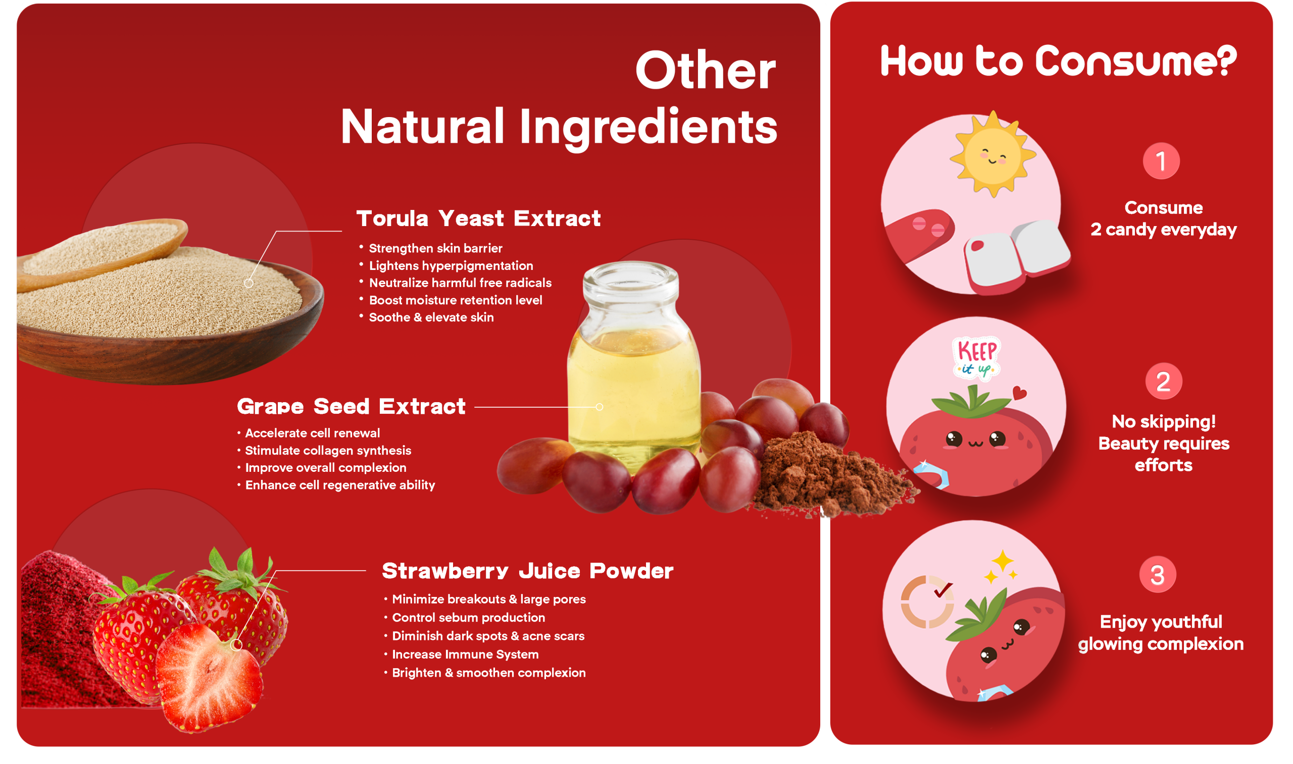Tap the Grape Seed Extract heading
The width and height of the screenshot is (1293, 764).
click(x=352, y=407)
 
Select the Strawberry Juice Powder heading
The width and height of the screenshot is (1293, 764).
click(x=527, y=571)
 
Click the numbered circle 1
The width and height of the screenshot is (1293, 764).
click(x=1161, y=160)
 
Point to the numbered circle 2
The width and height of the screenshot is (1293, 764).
click(x=1163, y=381)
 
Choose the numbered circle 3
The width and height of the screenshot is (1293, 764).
click(x=1158, y=575)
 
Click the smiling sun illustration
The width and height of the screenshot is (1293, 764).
click(x=992, y=154)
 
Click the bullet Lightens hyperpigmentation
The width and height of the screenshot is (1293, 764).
click(x=451, y=265)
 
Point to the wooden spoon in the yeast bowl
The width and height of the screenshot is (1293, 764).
click(x=103, y=252)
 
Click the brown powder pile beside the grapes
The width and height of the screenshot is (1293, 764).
click(x=829, y=476)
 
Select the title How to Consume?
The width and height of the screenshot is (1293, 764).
click(x=1059, y=60)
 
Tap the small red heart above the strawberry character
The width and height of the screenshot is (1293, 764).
click(x=1019, y=393)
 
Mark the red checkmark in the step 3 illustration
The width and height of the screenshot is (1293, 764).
click(x=943, y=590)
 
